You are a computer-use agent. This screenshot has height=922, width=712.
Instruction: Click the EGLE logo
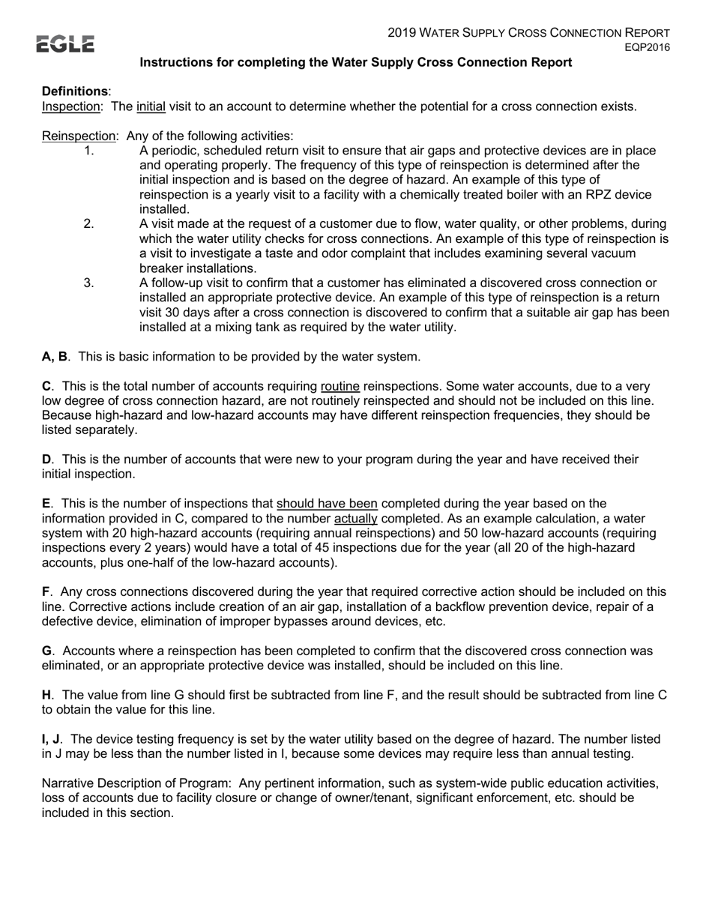[66, 44]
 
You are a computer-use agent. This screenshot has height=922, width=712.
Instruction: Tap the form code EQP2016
[648, 47]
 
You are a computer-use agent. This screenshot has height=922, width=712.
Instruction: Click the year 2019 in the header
[401, 33]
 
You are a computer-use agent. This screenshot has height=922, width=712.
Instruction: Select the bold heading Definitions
[75, 91]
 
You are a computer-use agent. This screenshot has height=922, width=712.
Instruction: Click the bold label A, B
[55, 356]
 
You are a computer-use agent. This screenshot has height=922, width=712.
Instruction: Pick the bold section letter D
[46, 460]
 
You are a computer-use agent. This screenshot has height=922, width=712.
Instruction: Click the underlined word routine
[340, 386]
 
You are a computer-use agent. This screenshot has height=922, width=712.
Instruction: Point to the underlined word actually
[355, 518]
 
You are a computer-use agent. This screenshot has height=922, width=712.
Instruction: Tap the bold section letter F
[46, 592]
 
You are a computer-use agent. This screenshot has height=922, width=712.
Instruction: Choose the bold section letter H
[46, 695]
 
